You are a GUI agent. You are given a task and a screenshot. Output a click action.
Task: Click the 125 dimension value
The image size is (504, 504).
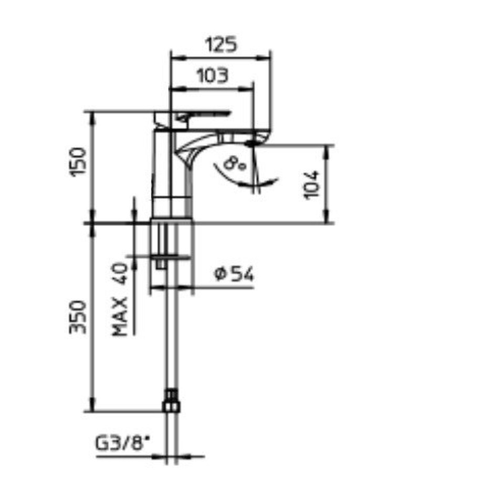tap(221, 44)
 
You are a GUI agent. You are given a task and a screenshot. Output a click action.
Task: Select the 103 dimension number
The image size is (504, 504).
tap(212, 76)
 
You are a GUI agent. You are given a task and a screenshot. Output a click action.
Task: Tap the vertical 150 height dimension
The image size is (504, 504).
tap(78, 161)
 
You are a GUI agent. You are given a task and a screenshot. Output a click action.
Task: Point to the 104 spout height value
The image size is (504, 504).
tap(311, 185)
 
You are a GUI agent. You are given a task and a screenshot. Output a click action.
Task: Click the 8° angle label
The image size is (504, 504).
tap(234, 163)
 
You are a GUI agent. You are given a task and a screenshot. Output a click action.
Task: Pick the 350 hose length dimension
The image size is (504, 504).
tap(78, 317)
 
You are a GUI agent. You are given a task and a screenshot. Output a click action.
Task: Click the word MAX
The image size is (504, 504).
tap(120, 317)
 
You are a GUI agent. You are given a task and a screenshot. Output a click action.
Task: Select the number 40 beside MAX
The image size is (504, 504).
tap(120, 273)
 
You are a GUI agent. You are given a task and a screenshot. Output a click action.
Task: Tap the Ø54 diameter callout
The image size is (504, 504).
tap(234, 274)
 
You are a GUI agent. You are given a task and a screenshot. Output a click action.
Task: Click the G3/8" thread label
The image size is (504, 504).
tap(123, 444)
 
